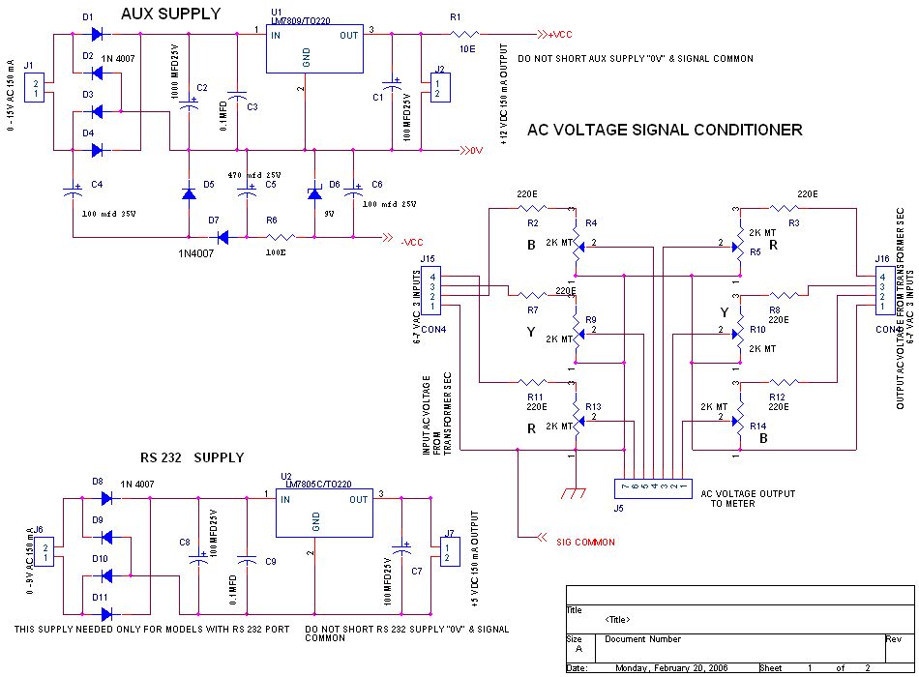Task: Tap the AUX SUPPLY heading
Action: coord(171,15)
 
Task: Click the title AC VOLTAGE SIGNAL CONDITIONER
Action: coord(665,130)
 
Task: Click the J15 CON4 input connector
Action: coord(430,293)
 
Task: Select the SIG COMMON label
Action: coord(585,542)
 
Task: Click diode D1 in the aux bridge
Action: coord(97,34)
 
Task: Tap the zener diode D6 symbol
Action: coord(314,193)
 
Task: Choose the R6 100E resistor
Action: coord(281,236)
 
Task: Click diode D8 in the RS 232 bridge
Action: coord(106,498)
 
